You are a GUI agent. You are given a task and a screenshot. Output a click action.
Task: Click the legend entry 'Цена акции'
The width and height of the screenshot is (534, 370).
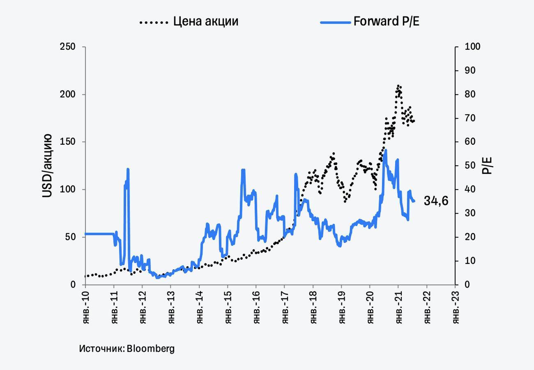(205, 21)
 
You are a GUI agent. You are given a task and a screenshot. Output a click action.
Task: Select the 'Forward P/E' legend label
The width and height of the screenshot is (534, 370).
(387, 21)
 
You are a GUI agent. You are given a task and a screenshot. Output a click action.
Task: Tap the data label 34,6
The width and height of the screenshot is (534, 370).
(436, 201)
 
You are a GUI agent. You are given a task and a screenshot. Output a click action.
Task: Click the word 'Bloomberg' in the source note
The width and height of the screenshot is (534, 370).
(151, 349)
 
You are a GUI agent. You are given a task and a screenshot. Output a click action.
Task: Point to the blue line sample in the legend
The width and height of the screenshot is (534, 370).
(334, 21)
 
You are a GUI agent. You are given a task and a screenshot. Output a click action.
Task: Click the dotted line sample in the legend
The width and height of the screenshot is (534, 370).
(154, 21)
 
